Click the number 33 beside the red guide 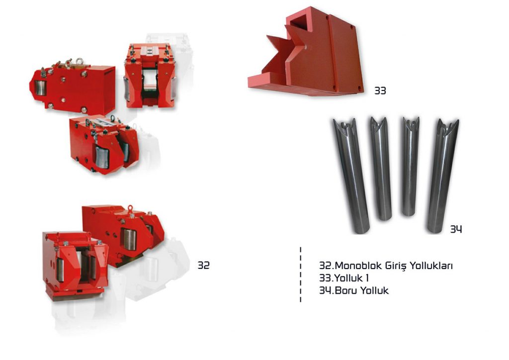[380, 90]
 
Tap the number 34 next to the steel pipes [456, 229]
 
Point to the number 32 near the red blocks [203, 265]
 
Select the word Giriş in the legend [396, 266]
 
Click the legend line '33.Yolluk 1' [344, 278]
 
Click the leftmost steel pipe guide [351, 176]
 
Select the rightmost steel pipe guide [442, 176]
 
